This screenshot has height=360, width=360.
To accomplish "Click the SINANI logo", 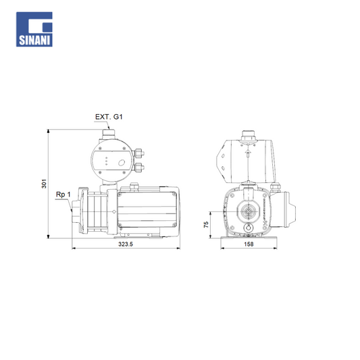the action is [34, 29].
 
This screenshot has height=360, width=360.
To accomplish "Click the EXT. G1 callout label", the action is [109, 117].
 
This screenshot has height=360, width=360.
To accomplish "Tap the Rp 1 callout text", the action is [63, 195].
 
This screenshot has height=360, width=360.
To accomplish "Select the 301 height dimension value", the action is [44, 184].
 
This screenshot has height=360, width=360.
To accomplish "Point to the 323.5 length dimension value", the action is [126, 244].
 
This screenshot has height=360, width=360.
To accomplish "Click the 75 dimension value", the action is [206, 224].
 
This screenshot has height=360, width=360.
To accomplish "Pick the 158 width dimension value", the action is [249, 244].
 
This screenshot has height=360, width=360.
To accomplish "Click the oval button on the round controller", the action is [121, 163].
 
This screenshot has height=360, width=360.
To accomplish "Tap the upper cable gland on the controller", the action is [139, 153].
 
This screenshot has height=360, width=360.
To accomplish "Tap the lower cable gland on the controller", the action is [139, 168].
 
